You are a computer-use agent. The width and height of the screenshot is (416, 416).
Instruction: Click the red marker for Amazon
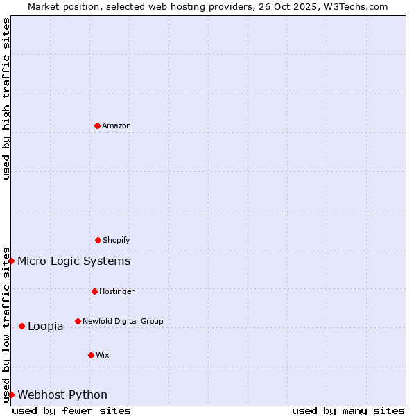coord(97,125)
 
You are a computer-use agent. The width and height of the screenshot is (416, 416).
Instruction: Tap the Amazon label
coord(116,126)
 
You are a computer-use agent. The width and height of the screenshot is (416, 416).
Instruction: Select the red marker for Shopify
coord(98,240)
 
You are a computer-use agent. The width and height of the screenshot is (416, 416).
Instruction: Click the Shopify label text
coord(116,241)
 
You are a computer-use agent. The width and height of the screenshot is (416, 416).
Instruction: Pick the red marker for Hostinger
coord(94,291)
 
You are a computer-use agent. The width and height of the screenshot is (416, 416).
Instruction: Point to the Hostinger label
coord(116,292)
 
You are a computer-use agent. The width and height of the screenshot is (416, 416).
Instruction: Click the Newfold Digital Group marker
coord(78,321)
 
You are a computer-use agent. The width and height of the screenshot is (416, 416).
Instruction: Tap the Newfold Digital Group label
coord(123,322)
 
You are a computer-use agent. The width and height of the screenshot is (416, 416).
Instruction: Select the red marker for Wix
coord(91,355)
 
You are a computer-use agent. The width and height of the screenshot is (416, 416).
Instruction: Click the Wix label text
coord(103,356)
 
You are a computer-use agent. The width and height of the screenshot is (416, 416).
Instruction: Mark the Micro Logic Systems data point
coord(12,261)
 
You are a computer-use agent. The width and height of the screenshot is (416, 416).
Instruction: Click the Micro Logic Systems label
coord(73,261)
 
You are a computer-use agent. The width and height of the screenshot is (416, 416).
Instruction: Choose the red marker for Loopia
coord(21,326)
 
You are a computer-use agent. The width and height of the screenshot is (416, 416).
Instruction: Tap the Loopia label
coord(46,327)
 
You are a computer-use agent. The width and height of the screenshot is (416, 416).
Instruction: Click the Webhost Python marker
coord(12,395)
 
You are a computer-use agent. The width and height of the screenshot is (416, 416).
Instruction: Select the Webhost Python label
coord(62,395)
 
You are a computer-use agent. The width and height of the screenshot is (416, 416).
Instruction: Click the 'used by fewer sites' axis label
coord(71,410)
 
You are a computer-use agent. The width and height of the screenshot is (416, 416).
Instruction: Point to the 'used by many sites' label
coord(348,410)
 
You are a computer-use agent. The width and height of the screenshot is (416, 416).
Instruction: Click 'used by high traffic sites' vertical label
coord(6,98)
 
